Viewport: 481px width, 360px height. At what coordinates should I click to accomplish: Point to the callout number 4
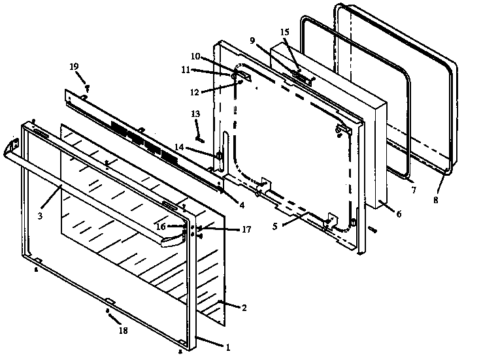click(242, 205)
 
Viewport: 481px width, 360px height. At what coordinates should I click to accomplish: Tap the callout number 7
click(413, 191)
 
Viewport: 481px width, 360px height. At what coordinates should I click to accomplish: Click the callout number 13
click(195, 114)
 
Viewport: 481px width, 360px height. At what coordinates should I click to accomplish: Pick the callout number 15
click(284, 31)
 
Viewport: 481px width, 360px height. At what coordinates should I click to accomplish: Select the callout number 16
click(160, 226)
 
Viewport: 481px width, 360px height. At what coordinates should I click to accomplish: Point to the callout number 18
click(124, 331)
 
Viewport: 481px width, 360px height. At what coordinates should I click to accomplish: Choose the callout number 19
click(74, 67)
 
